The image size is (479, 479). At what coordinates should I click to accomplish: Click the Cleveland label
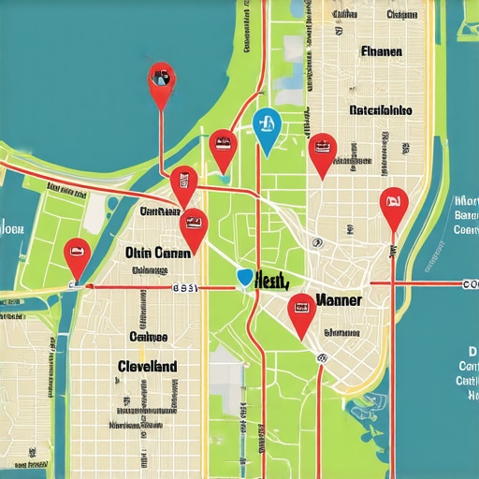[x=148, y=367]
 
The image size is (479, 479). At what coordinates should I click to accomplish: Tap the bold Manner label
[x=341, y=301]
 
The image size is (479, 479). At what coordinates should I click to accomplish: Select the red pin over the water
[x=162, y=79]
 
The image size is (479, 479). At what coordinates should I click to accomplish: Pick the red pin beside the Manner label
[x=301, y=309]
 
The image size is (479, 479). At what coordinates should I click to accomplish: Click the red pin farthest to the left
[x=77, y=251]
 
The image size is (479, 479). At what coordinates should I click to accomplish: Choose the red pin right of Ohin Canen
[x=194, y=225]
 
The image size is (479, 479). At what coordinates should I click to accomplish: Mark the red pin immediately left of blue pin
[x=223, y=144]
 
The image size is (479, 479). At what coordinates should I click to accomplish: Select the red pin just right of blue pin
[x=323, y=147]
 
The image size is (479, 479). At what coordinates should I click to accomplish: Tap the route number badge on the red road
[x=183, y=289]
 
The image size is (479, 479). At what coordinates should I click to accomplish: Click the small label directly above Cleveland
[x=148, y=335]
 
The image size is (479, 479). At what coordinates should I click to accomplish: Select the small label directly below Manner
[x=341, y=332]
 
